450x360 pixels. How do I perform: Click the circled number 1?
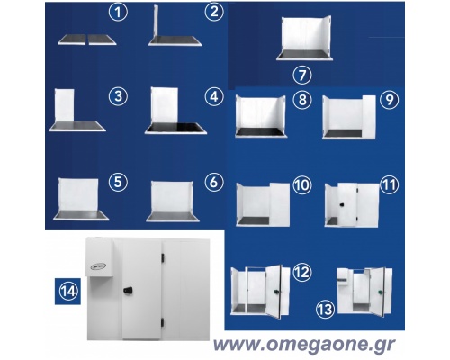(118, 12)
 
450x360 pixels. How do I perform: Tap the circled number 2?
(214, 12)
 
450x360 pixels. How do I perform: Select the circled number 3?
(118, 96)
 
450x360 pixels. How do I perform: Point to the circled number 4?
(214, 96)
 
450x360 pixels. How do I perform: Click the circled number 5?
(118, 182)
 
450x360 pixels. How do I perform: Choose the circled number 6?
(214, 182)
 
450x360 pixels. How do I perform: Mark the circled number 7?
(302, 75)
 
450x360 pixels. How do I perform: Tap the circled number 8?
(302, 100)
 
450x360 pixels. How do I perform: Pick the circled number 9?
(389, 100)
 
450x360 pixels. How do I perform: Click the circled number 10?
(302, 184)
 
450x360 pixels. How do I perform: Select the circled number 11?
(389, 184)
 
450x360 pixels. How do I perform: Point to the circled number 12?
(302, 272)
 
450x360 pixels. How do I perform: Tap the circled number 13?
(326, 309)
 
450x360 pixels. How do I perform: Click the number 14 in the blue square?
(68, 292)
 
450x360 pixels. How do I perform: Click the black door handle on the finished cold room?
(128, 290)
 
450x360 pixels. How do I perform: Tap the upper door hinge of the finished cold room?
(163, 258)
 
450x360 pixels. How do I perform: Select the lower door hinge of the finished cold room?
(163, 322)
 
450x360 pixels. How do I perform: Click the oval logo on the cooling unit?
(98, 266)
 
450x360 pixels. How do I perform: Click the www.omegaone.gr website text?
(304, 345)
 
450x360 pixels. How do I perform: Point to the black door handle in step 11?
(342, 204)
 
